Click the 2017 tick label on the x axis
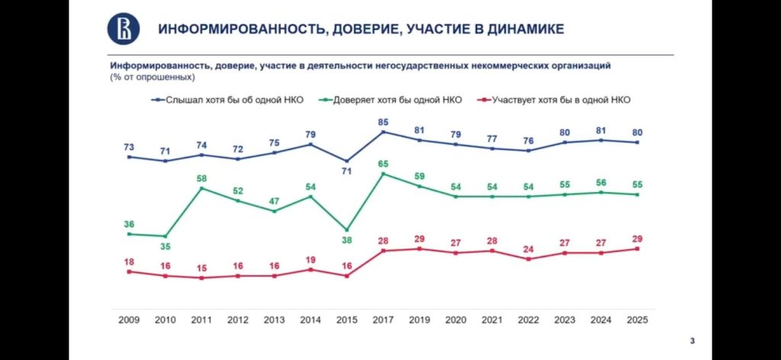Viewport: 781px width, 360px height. click(x=384, y=320)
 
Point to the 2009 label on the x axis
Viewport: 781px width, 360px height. click(x=129, y=320)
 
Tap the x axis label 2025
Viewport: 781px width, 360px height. click(x=636, y=320)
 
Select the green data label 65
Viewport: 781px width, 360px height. click(x=384, y=162)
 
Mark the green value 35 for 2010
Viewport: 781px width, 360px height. click(x=166, y=247)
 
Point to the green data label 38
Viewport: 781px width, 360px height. click(x=347, y=239)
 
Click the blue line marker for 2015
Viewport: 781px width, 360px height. click(x=347, y=161)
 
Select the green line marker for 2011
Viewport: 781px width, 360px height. click(x=201, y=188)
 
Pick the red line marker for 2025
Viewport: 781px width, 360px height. click(x=637, y=249)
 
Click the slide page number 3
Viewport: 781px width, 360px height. click(x=692, y=340)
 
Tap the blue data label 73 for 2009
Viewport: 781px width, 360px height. click(x=129, y=146)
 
